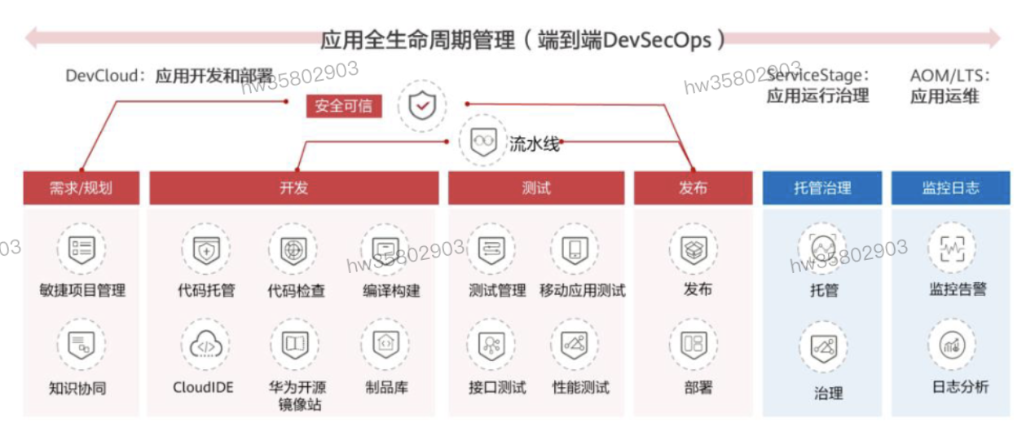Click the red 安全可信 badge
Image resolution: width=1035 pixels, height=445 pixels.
pos(344,106)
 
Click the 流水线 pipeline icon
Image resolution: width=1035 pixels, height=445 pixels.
pos(483,141)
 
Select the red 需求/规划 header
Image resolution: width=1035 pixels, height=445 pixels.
pos(81,188)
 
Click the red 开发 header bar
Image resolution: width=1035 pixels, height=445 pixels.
pos(293,188)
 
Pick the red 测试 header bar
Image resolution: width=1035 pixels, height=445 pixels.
pos(535,188)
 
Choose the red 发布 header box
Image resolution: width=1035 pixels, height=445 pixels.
pos(693,188)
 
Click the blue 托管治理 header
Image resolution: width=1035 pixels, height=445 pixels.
pos(821,188)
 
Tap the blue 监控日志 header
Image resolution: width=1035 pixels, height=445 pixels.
pos(950,188)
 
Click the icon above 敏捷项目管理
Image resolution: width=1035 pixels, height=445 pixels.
pos(81,248)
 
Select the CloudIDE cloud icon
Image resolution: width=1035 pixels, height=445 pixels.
pos(205,346)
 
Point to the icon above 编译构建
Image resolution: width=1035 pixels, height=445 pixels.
pos(385,248)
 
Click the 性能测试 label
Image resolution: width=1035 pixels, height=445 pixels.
pos(580,387)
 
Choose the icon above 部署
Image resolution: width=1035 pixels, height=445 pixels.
pos(693,344)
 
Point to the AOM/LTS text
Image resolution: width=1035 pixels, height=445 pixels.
pos(949,76)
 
